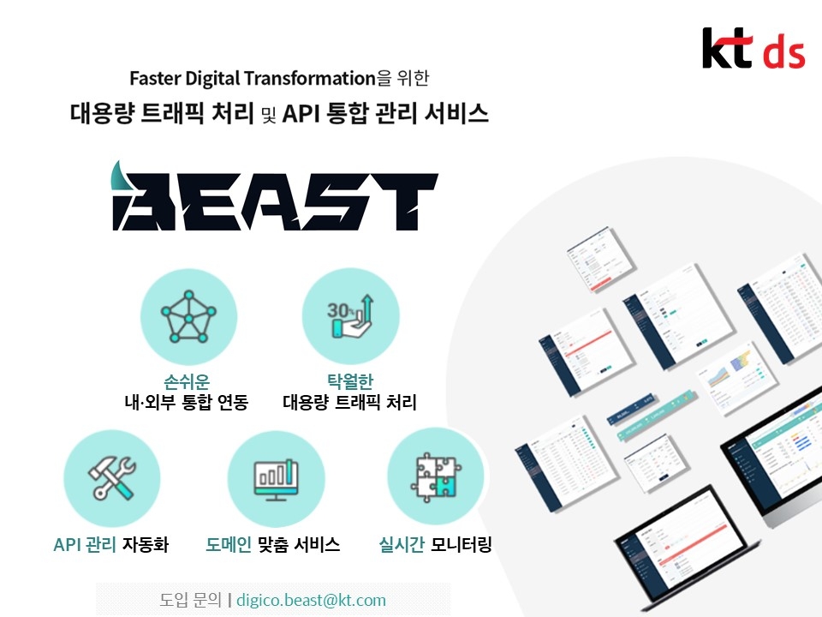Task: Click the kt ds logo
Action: pyautogui.click(x=753, y=49)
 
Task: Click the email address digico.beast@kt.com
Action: pyautogui.click(x=311, y=600)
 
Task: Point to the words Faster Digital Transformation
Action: pyautogui.click(x=253, y=78)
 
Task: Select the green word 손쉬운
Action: pyautogui.click(x=187, y=380)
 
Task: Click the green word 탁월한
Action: pyautogui.click(x=349, y=380)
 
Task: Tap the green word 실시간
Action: pyautogui.click(x=402, y=544)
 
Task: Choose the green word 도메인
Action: pyautogui.click(x=229, y=544)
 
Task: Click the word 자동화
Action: pyautogui.click(x=145, y=544)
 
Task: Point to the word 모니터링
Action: pyautogui.click(x=462, y=544)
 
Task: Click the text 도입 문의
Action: pyautogui.click(x=190, y=600)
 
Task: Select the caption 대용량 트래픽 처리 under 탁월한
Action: pyautogui.click(x=349, y=402)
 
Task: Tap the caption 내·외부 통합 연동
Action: pyautogui.click(x=186, y=402)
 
